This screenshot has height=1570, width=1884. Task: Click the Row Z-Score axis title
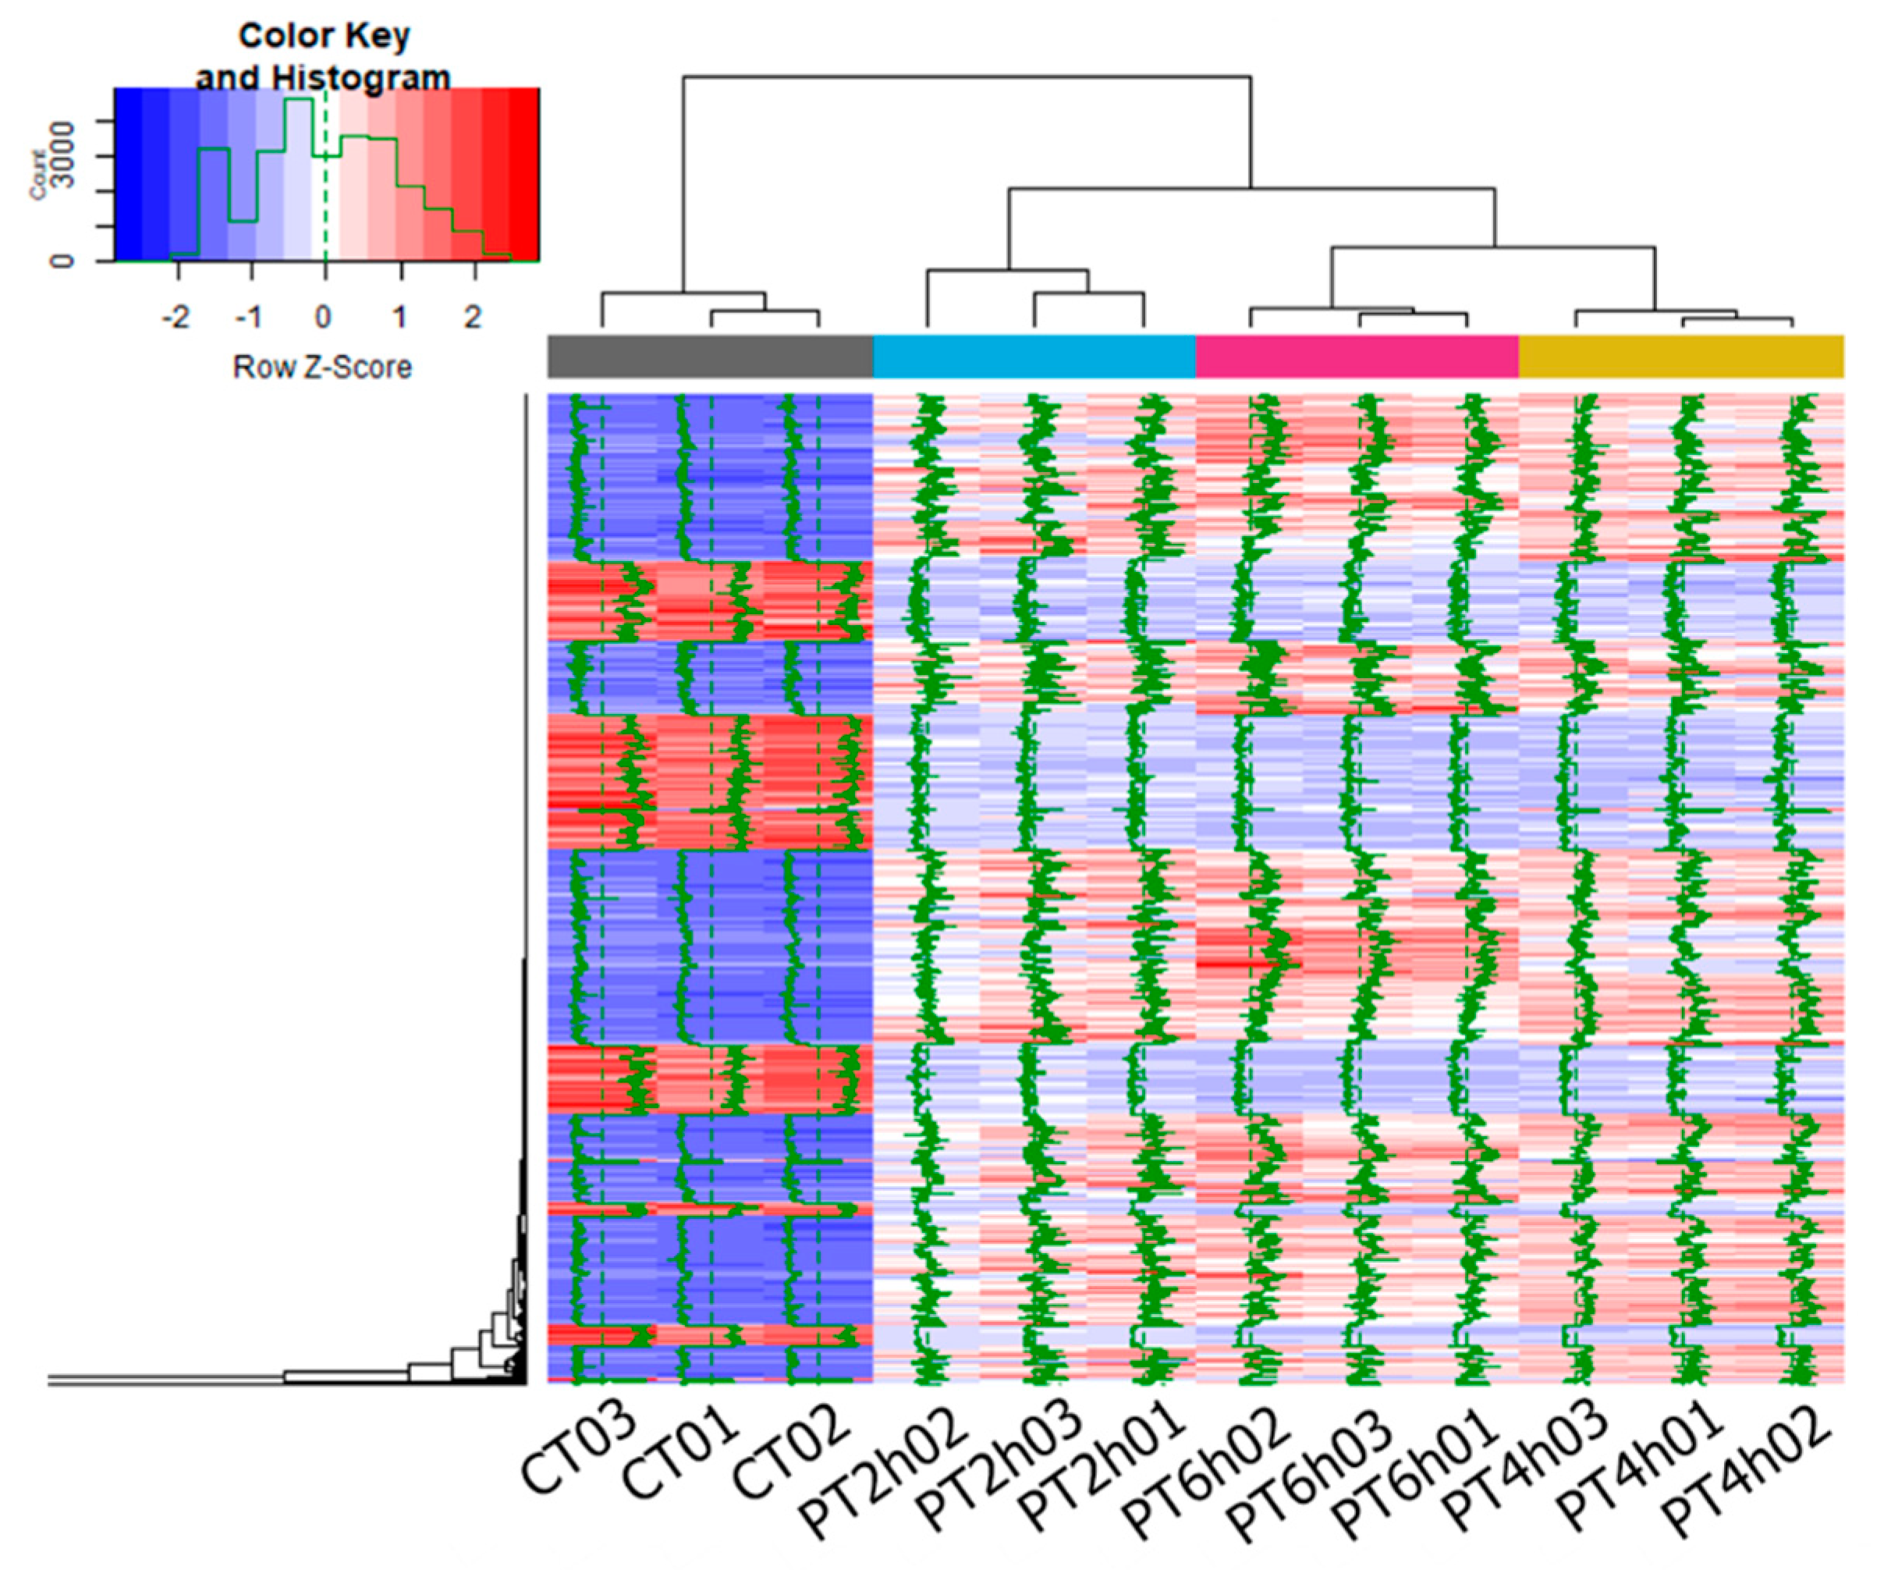click(x=322, y=367)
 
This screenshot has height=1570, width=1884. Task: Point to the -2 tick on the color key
click(x=176, y=317)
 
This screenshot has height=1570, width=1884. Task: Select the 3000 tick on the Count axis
click(x=61, y=156)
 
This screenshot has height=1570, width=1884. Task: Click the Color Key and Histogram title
click(x=323, y=55)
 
